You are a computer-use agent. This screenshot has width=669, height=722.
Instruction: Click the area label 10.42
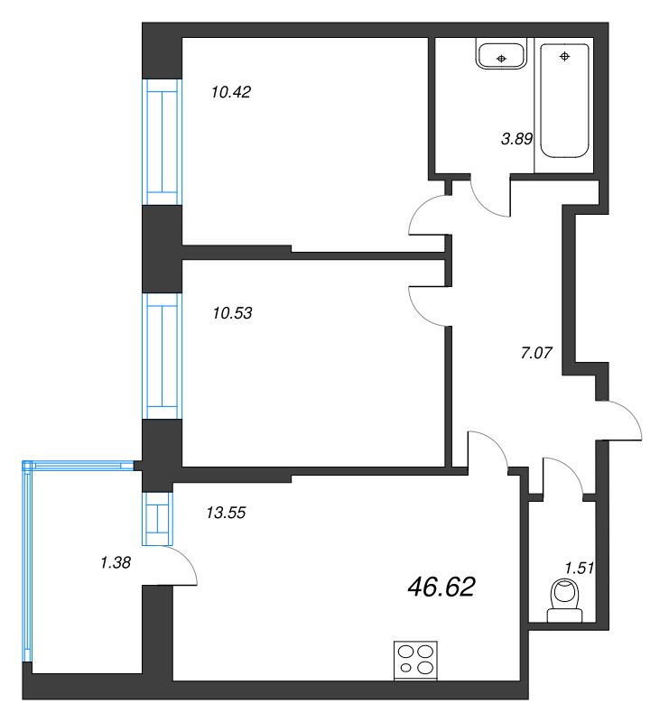click(230, 91)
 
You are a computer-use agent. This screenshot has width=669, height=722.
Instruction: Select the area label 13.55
click(227, 513)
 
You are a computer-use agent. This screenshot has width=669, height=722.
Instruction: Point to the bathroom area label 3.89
click(516, 139)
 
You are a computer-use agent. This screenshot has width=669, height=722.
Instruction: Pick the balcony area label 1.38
click(116, 563)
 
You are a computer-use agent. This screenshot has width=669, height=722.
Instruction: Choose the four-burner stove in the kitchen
click(416, 660)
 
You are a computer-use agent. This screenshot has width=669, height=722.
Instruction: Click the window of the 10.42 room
click(163, 143)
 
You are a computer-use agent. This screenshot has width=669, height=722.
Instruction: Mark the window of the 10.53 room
click(163, 358)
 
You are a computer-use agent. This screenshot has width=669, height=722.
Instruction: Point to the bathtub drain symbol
click(565, 57)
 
